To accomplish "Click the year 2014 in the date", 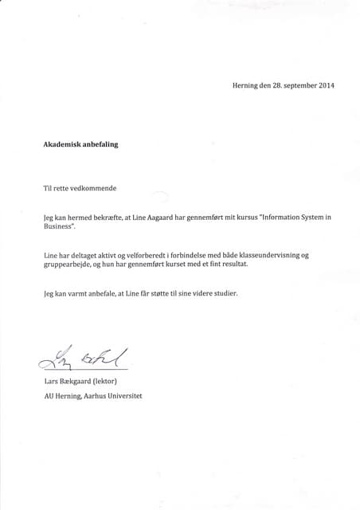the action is [326, 86].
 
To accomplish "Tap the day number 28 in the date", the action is [267, 86].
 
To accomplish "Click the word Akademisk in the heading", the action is [64, 145].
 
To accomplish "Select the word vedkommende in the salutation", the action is [93, 188].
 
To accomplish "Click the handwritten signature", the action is [80, 360].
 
